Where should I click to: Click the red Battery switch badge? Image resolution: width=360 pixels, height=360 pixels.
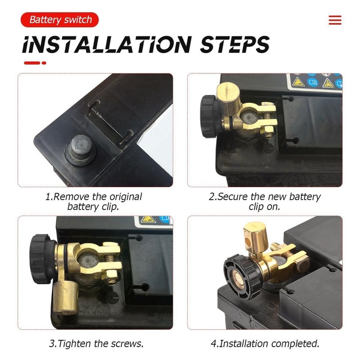click(x=60, y=20)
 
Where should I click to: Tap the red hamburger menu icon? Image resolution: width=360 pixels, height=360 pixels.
click(x=335, y=20)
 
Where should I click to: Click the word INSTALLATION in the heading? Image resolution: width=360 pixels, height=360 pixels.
click(x=107, y=44)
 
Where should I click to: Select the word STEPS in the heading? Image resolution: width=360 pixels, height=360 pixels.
click(x=234, y=44)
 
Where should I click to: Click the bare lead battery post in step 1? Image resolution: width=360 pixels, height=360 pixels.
click(x=81, y=148)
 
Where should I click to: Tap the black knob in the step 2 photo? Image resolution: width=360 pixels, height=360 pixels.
click(x=209, y=117)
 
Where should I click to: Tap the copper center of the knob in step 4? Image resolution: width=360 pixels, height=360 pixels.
click(x=238, y=279)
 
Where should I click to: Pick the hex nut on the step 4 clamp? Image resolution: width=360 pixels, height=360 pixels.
click(x=302, y=264)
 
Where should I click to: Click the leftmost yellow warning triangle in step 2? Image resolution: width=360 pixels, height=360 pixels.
click(x=298, y=82)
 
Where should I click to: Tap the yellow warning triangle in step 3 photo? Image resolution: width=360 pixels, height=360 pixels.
click(x=148, y=219)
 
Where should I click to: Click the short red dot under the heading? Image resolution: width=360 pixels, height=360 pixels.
click(x=44, y=63)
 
